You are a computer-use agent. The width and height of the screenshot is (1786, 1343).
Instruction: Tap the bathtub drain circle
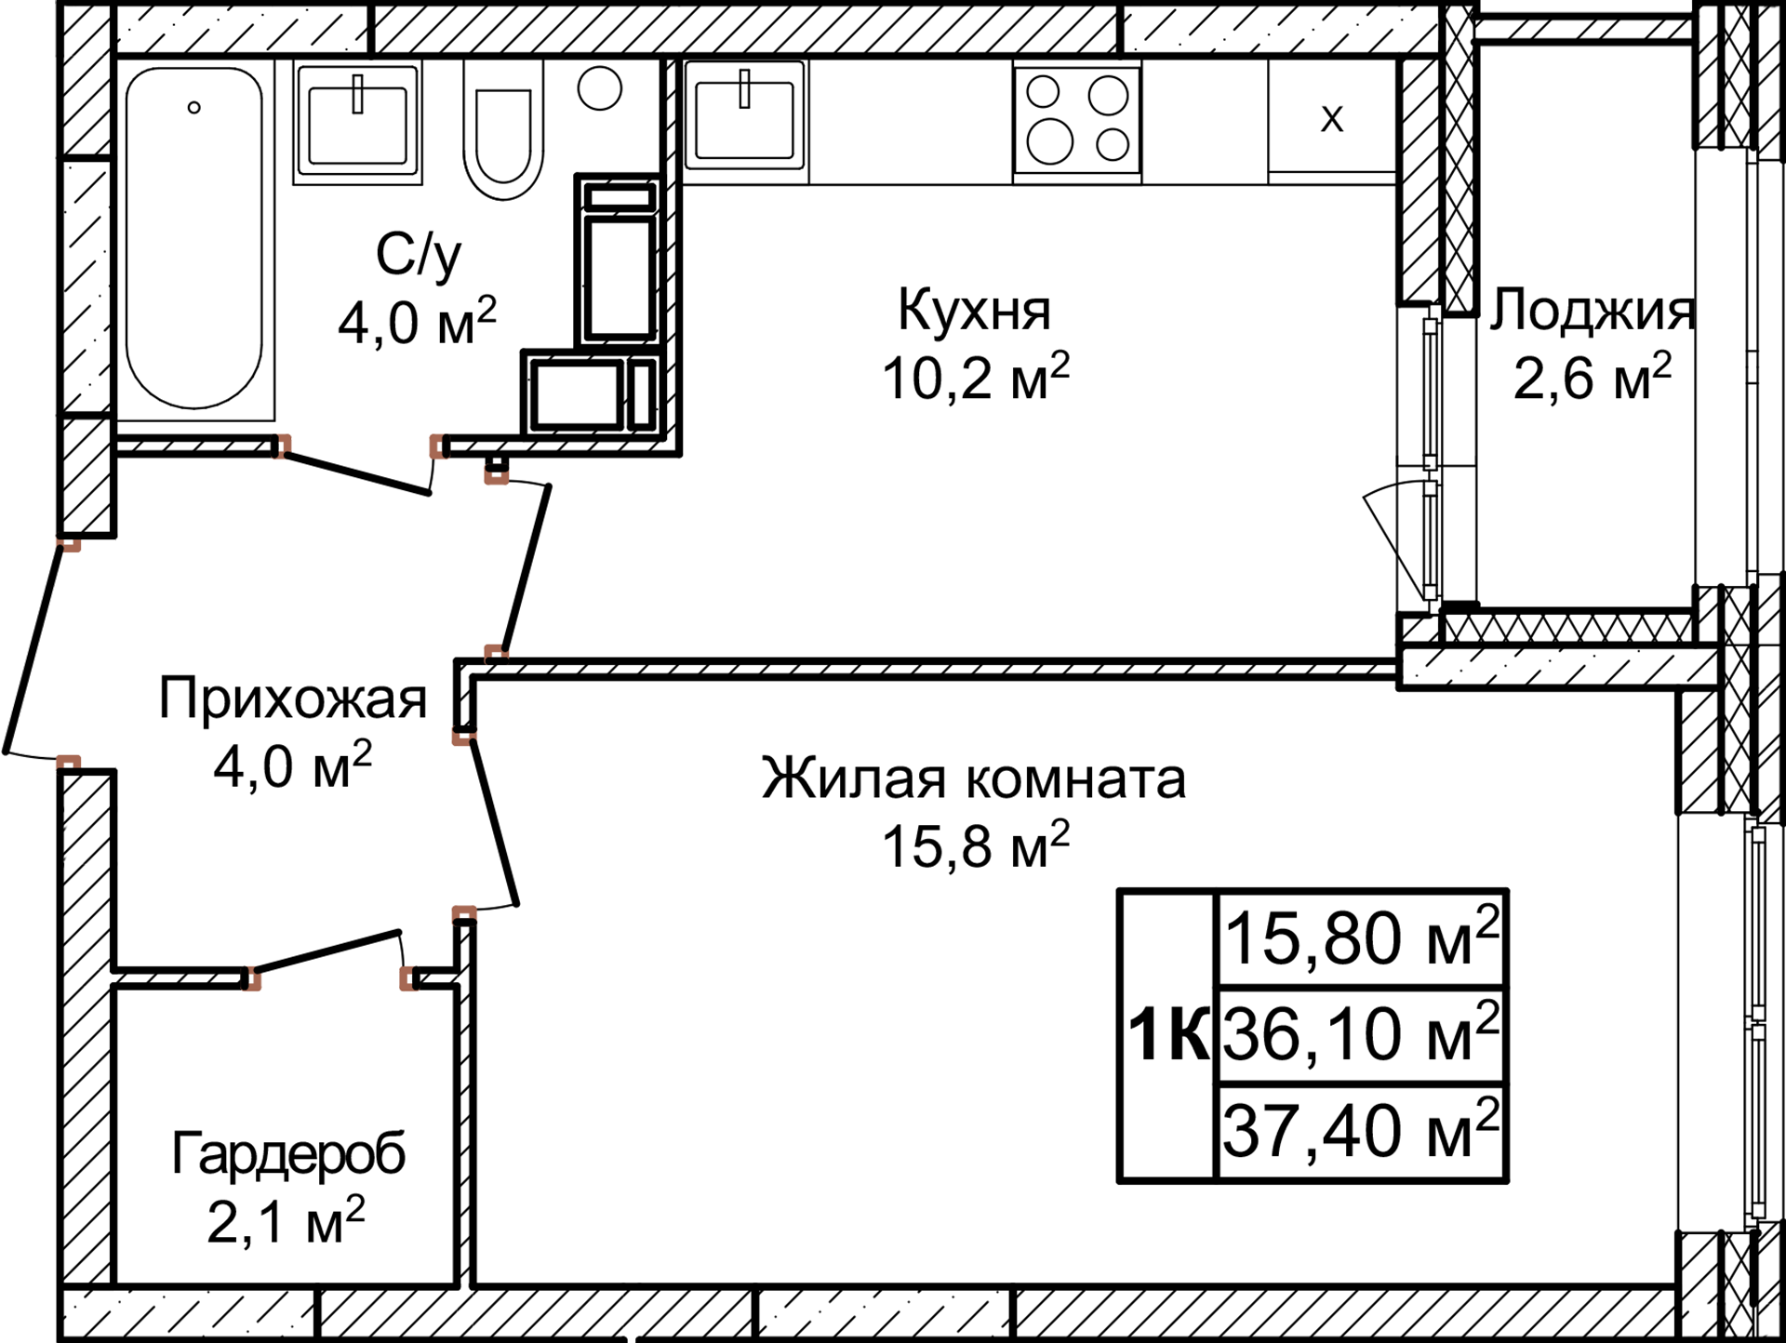193,108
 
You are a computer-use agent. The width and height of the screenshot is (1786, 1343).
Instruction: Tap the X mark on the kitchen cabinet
1332,118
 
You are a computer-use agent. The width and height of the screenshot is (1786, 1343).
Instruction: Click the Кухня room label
974,310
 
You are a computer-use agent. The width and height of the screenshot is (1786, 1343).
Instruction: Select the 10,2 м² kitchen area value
974,378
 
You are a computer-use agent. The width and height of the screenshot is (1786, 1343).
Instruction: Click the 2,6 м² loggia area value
1591,378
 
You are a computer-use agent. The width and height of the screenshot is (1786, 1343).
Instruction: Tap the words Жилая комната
973,778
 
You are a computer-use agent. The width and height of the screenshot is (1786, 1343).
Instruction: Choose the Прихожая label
292,698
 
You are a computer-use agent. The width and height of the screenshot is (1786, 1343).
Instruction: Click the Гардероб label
288,1154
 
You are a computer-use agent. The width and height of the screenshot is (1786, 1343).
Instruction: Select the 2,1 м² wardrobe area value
285,1221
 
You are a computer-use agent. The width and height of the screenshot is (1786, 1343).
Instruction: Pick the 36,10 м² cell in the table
1360,1033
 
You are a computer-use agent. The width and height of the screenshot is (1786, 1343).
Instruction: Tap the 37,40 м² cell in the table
1360,1130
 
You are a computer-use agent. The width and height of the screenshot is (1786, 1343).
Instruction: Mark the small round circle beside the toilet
599,88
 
